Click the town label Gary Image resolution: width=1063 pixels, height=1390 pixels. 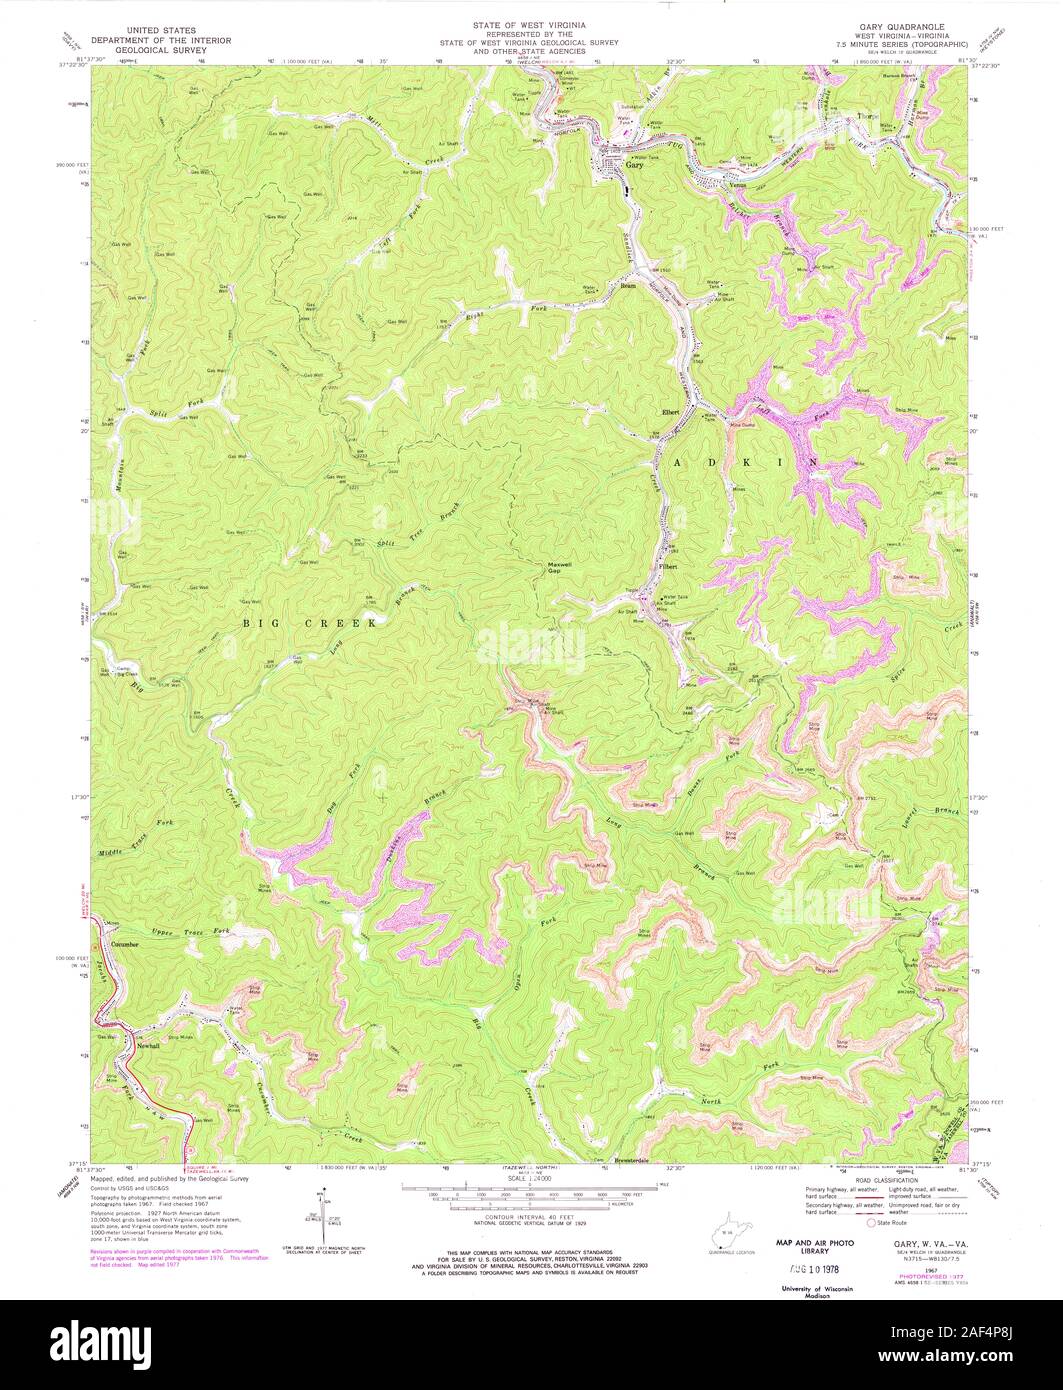pos(632,163)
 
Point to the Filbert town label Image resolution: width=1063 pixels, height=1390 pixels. pos(668,567)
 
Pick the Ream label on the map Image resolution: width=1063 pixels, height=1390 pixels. pos(629,286)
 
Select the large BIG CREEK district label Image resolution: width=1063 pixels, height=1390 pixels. pos(310,622)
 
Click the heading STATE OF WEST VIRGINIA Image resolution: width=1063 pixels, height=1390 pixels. pos(531,23)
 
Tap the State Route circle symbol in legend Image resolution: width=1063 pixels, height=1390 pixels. pos(871,1222)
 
